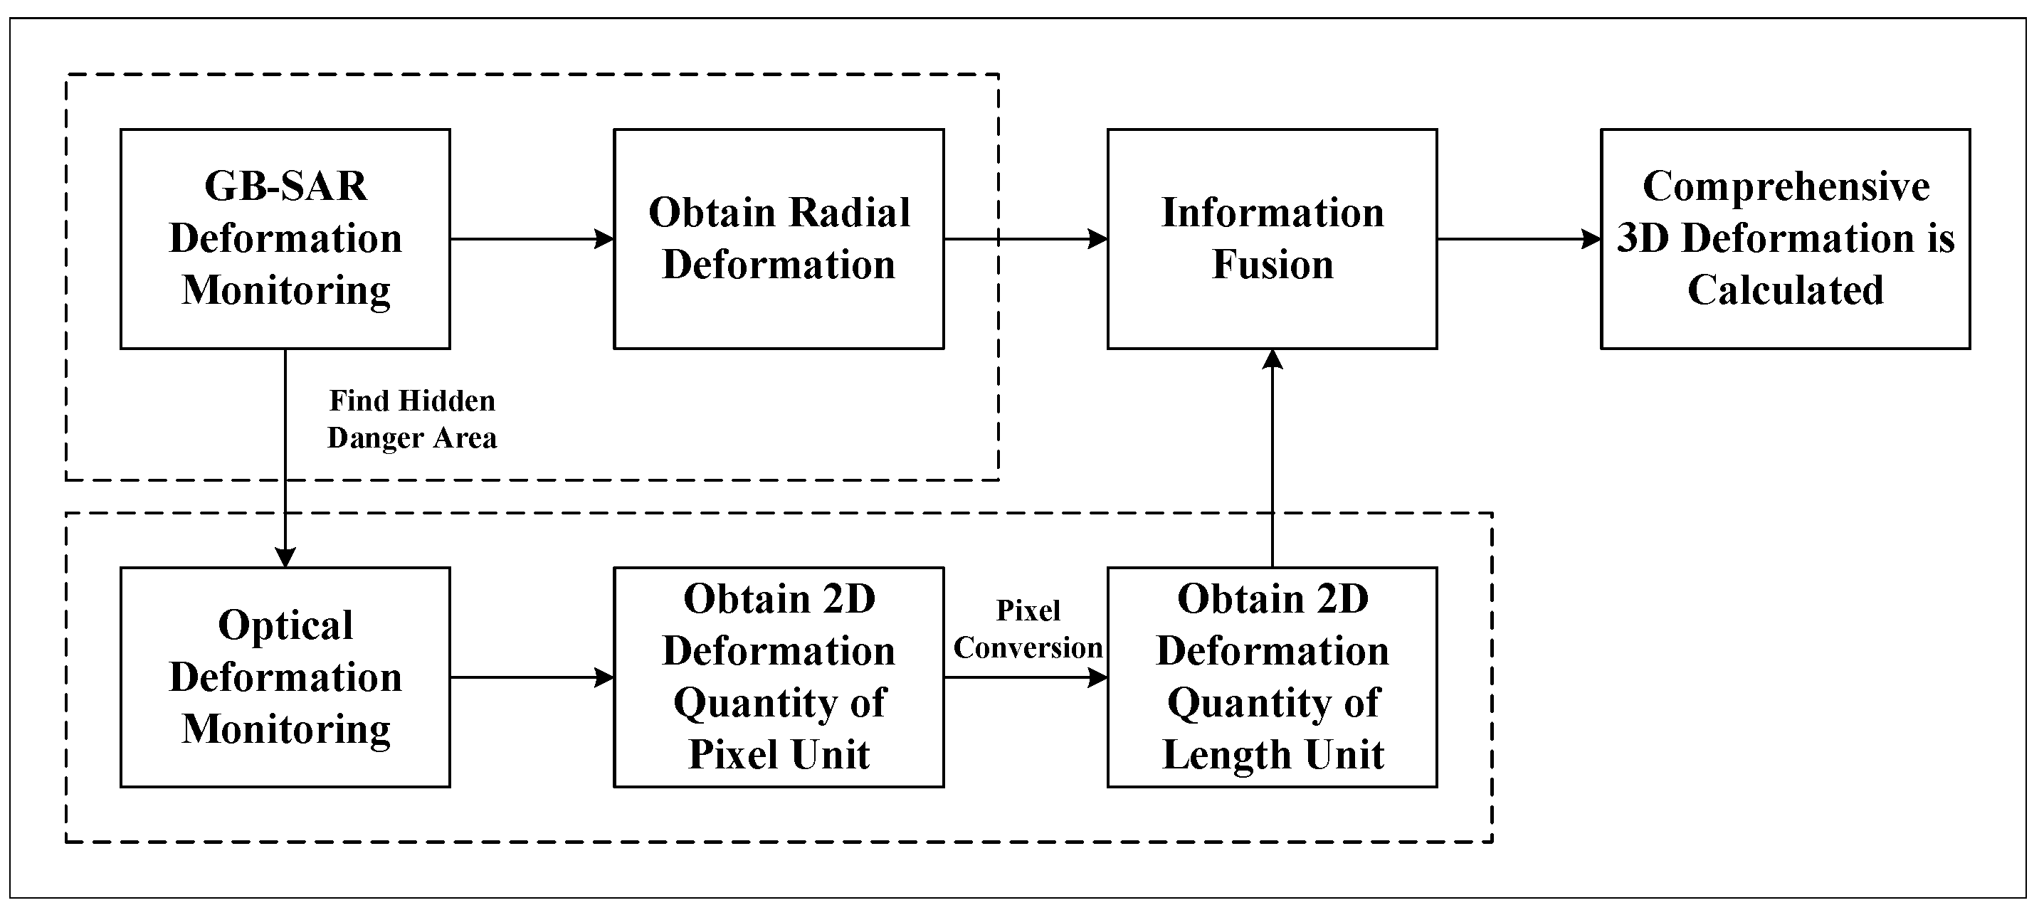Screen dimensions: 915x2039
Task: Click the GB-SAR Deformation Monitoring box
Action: click(285, 238)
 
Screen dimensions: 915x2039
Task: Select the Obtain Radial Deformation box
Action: click(778, 238)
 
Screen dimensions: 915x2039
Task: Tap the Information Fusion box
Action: click(1271, 238)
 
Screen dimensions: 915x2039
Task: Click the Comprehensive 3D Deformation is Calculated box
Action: click(1785, 238)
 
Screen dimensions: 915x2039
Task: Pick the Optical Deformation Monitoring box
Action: click(285, 677)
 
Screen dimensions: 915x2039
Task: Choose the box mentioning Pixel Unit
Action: click(778, 677)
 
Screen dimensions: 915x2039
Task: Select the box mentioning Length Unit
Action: click(1271, 677)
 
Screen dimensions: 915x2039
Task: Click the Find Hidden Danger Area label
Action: click(411, 418)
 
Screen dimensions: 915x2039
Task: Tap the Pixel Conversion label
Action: click(1028, 629)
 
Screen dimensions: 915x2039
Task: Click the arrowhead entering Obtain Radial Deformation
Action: click(606, 238)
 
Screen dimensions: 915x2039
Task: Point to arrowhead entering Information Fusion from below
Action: click(1272, 359)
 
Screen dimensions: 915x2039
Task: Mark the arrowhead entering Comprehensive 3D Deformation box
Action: click(1592, 238)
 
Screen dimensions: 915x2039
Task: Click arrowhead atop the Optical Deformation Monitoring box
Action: click(285, 557)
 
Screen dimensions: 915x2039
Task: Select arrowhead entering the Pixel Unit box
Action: click(606, 677)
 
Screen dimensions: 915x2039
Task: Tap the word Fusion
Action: click(1272, 265)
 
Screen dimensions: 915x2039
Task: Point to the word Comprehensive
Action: click(1786, 187)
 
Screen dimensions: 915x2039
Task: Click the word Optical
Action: click(285, 625)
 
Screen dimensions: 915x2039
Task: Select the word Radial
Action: click(849, 213)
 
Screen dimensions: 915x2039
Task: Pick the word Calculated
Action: click(1785, 290)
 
